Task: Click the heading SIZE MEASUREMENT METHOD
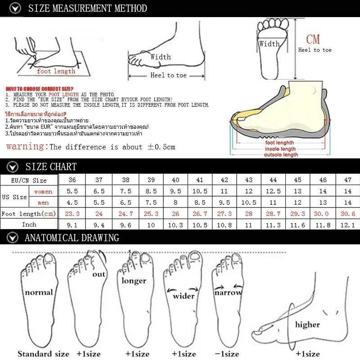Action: [x=87, y=8]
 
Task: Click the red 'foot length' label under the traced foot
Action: [x=56, y=71]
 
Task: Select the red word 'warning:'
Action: [x=27, y=147]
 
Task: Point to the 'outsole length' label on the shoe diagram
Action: [x=281, y=155]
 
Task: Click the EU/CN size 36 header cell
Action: [x=72, y=180]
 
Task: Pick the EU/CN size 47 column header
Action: [x=347, y=180]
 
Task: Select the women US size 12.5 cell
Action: [x=273, y=191]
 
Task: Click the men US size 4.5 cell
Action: [x=72, y=202]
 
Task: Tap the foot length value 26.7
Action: [x=200, y=214]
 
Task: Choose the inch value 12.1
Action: [x=347, y=224]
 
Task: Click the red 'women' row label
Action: [x=43, y=191]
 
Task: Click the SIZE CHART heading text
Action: [x=51, y=166]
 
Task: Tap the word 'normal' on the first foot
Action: [x=39, y=292]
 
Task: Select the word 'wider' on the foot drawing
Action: [x=184, y=296]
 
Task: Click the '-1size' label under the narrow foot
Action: [x=226, y=354]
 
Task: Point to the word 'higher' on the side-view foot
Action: [x=307, y=324]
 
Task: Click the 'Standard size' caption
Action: [x=43, y=354]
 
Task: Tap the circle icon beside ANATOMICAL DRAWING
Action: [x=14, y=238]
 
